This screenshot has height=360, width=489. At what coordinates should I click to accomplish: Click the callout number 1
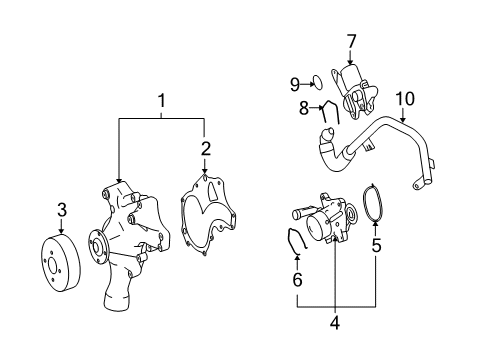[162, 101]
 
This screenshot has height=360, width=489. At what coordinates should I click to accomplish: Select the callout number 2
[206, 149]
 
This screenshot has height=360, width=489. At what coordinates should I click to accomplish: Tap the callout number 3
[62, 210]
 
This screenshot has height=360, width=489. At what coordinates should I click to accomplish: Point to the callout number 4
[335, 322]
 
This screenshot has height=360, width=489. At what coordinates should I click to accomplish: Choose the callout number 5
[376, 246]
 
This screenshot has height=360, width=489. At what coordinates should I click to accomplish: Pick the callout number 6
[297, 279]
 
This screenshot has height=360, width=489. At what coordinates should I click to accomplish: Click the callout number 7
[351, 42]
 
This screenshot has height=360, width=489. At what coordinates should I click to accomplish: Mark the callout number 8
[304, 108]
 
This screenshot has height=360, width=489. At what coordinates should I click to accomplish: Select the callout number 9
[295, 84]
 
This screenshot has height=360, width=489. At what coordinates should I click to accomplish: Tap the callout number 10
[405, 99]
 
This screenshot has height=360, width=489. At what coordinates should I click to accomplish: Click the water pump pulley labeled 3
[60, 263]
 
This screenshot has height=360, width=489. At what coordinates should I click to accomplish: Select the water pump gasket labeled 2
[208, 215]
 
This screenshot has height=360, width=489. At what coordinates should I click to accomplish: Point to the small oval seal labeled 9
[318, 82]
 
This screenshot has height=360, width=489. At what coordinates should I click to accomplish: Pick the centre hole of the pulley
[53, 266]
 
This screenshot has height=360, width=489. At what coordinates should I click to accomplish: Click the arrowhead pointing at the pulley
[61, 231]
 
